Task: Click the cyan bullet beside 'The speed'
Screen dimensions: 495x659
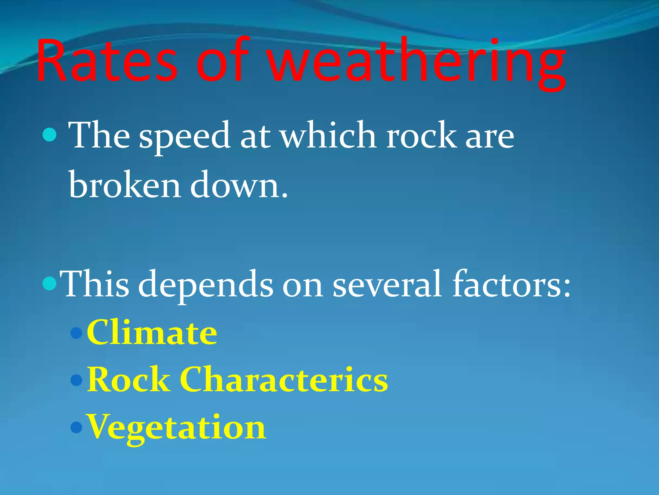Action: tap(50, 134)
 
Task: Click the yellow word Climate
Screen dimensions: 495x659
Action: tap(152, 333)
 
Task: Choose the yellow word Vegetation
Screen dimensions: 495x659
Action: tap(177, 428)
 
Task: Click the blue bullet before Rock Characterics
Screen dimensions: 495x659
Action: tap(77, 380)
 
